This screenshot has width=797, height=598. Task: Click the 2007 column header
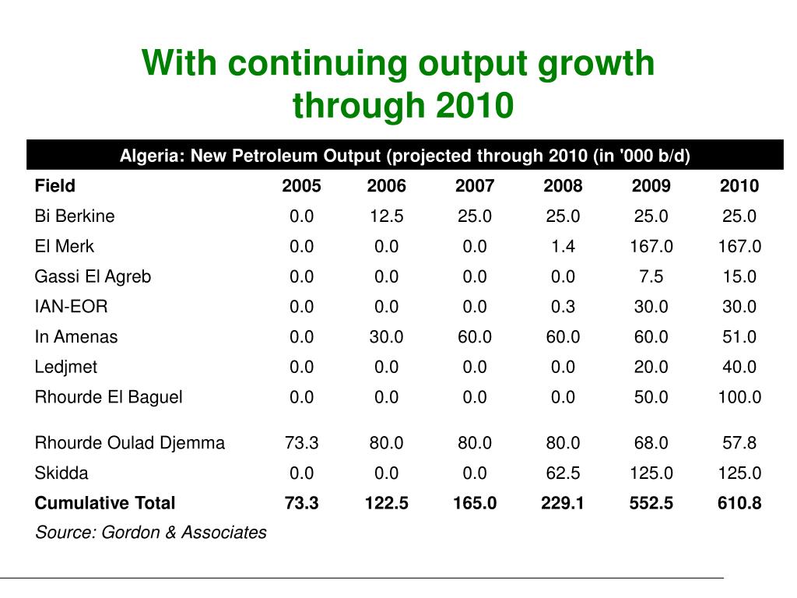pyautogui.click(x=475, y=185)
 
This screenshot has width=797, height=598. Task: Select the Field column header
pyautogui.click(x=55, y=185)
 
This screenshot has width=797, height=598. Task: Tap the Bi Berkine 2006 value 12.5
pyautogui.click(x=387, y=216)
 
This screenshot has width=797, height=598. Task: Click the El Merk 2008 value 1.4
pyautogui.click(x=563, y=247)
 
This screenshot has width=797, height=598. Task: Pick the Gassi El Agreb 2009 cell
pyautogui.click(x=651, y=276)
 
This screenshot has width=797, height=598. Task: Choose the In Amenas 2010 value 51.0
pyautogui.click(x=739, y=337)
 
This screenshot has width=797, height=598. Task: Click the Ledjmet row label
pyautogui.click(x=66, y=367)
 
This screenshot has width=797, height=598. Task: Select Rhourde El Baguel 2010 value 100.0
pyautogui.click(x=739, y=397)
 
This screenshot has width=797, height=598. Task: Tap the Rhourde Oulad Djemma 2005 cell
pyautogui.click(x=301, y=443)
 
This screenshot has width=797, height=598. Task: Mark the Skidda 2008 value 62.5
pyautogui.click(x=563, y=473)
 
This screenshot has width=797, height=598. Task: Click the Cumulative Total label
pyautogui.click(x=105, y=503)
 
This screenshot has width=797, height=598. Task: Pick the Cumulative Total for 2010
pyautogui.click(x=739, y=503)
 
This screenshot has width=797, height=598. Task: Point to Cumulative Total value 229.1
pyautogui.click(x=563, y=503)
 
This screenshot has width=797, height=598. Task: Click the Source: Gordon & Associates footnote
pyautogui.click(x=151, y=533)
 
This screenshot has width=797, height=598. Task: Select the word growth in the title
pyautogui.click(x=598, y=64)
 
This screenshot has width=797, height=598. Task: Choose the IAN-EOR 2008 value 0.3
pyautogui.click(x=563, y=307)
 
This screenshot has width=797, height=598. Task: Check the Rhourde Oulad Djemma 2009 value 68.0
pyautogui.click(x=651, y=443)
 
